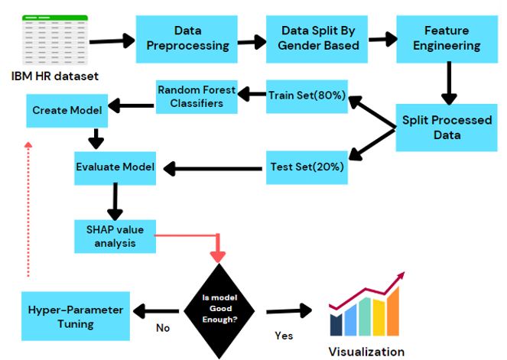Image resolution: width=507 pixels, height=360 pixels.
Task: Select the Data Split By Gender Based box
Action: click(x=321, y=38)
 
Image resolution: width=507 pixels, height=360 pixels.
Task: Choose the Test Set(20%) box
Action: click(x=307, y=167)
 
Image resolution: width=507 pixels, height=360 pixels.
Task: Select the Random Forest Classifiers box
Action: click(x=197, y=96)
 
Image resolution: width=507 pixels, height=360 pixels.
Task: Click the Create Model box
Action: click(x=67, y=111)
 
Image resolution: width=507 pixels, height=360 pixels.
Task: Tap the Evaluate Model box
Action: click(x=115, y=167)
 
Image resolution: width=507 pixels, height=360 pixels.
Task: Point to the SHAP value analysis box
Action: click(x=115, y=237)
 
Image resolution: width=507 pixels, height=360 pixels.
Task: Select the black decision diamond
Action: click(x=220, y=310)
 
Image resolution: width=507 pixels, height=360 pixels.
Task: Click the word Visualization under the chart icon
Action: click(x=366, y=352)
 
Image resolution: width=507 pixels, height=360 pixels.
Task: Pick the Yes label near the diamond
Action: click(x=284, y=335)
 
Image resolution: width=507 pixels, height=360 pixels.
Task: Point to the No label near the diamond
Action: click(x=162, y=329)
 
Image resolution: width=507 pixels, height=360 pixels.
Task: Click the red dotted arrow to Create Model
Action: click(x=28, y=206)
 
